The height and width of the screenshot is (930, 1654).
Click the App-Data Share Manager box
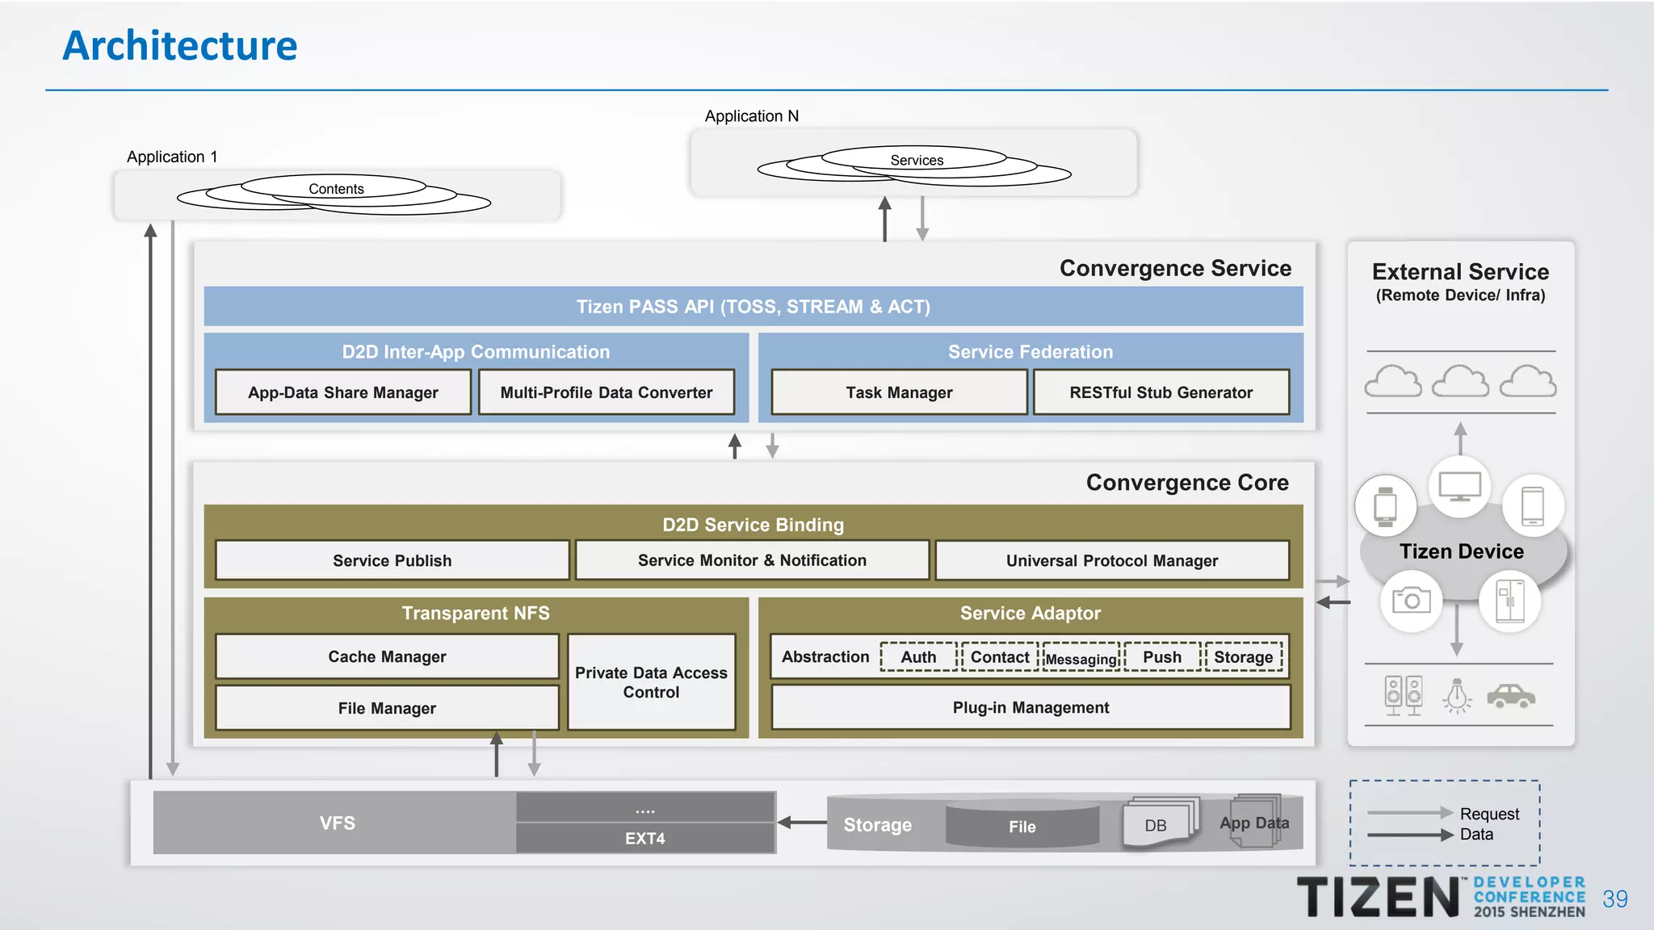tap(343, 392)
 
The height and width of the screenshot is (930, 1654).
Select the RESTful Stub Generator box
tap(1161, 392)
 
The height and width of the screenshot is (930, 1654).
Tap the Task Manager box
tap(899, 392)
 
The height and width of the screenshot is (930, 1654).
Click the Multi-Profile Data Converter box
tap(606, 392)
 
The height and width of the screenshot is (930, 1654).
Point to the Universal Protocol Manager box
tap(1111, 560)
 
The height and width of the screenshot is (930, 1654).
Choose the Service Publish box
tap(392, 560)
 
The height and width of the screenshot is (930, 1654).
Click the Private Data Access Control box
tap(651, 682)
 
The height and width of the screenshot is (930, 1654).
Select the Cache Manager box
tap(387, 656)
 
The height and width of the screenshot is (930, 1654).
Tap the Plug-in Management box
tap(1031, 707)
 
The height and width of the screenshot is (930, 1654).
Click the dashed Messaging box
tap(1081, 658)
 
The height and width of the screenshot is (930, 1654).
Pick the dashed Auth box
tap(918, 657)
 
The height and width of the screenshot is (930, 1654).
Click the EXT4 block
tap(644, 838)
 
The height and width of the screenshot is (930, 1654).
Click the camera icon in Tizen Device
tap(1411, 601)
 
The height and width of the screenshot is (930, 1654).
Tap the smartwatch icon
tap(1386, 506)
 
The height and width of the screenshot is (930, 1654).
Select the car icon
tap(1510, 695)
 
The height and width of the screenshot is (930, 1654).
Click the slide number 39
tap(1614, 899)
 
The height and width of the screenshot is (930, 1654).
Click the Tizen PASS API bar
tap(753, 307)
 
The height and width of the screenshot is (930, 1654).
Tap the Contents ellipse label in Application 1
tap(336, 189)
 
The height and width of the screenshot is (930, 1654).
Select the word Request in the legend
tap(1489, 814)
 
